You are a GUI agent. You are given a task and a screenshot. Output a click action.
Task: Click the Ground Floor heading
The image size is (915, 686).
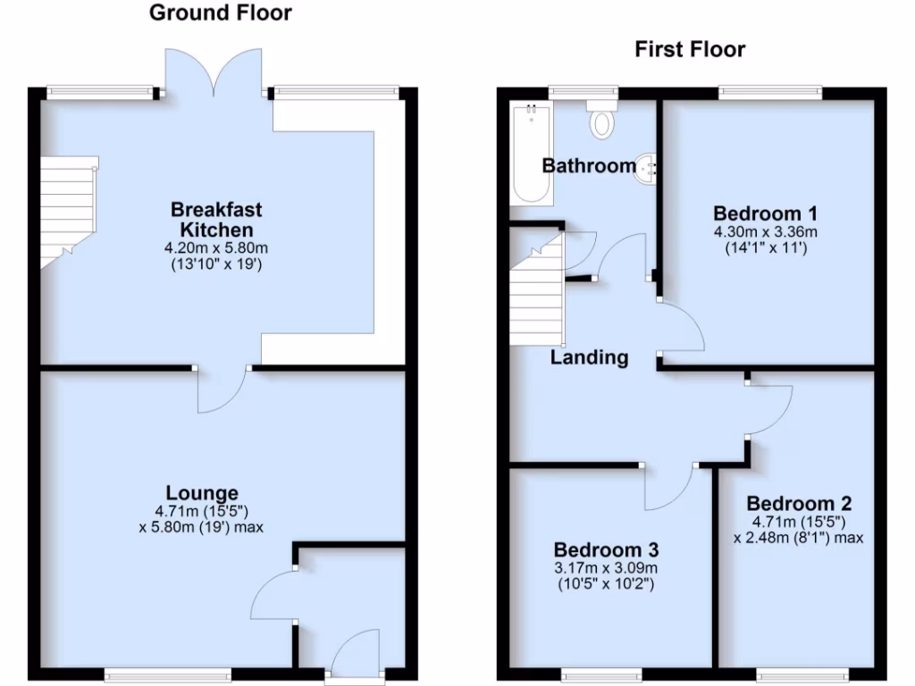coord(219,13)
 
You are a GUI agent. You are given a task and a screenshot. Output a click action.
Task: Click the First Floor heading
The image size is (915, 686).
coord(690,48)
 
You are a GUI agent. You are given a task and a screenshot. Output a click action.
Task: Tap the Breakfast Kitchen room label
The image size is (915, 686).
coord(216,220)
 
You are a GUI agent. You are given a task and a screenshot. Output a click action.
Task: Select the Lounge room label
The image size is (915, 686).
coord(202,493)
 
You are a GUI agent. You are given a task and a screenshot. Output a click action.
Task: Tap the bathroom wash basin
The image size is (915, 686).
coord(647,169)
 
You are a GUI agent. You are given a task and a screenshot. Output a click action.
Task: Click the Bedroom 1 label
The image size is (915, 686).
coord(765,213)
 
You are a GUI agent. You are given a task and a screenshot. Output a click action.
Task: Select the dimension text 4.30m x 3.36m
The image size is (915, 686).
coord(765,232)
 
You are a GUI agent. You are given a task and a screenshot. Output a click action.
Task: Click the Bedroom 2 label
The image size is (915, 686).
coord(799,503)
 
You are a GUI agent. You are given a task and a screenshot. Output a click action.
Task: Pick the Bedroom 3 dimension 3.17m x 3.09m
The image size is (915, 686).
coord(605,568)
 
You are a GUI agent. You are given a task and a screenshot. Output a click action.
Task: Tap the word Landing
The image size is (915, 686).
coord(589,358)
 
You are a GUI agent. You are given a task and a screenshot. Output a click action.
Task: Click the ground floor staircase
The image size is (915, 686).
coord(68,211)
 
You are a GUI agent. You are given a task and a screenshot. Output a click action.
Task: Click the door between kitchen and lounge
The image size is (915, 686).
coord(223,389)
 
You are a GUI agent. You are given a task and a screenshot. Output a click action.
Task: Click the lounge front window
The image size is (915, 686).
coord(168,673)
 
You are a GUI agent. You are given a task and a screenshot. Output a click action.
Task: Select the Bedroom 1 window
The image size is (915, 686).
coord(770,89)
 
